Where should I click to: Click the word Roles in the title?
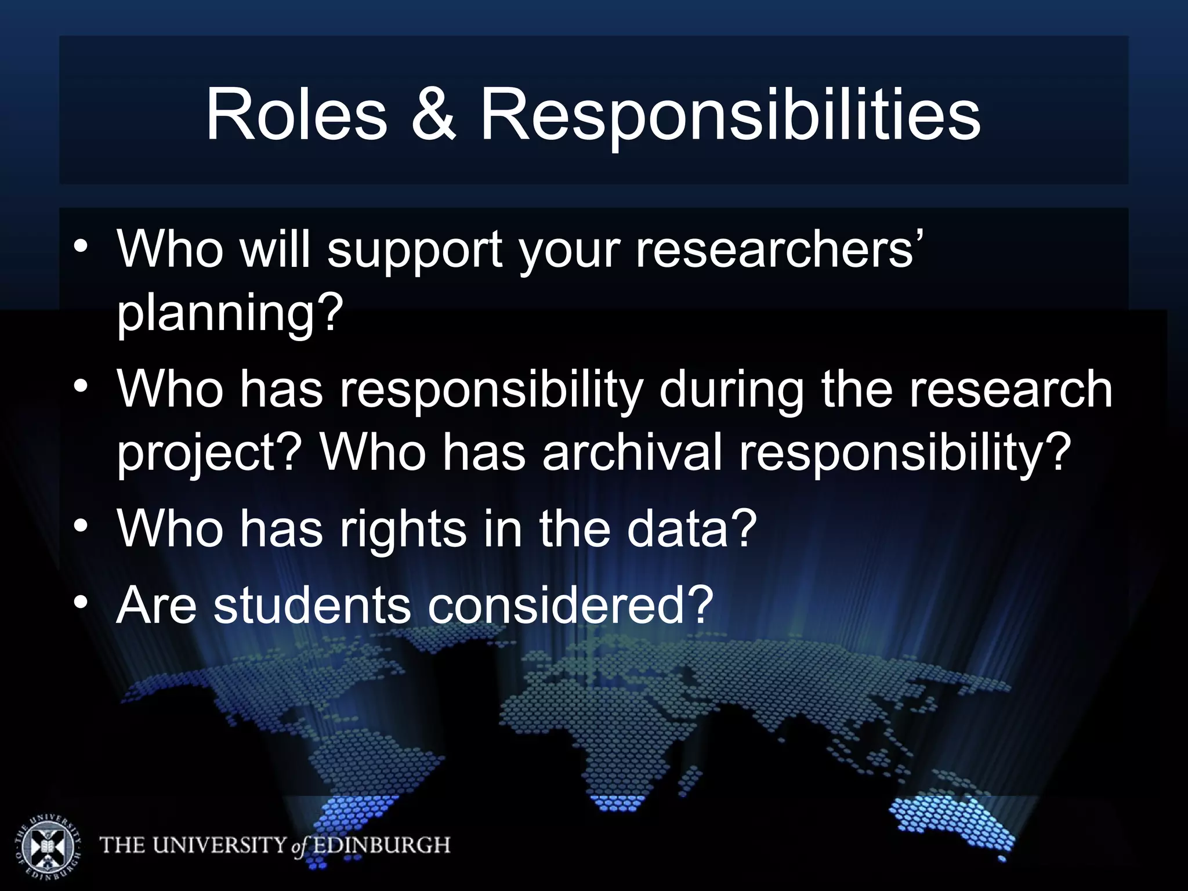[296, 114]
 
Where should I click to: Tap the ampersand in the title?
[433, 114]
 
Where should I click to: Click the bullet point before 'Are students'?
[81, 603]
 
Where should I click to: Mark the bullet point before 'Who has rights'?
[81, 526]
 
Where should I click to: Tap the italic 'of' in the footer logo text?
[298, 847]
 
